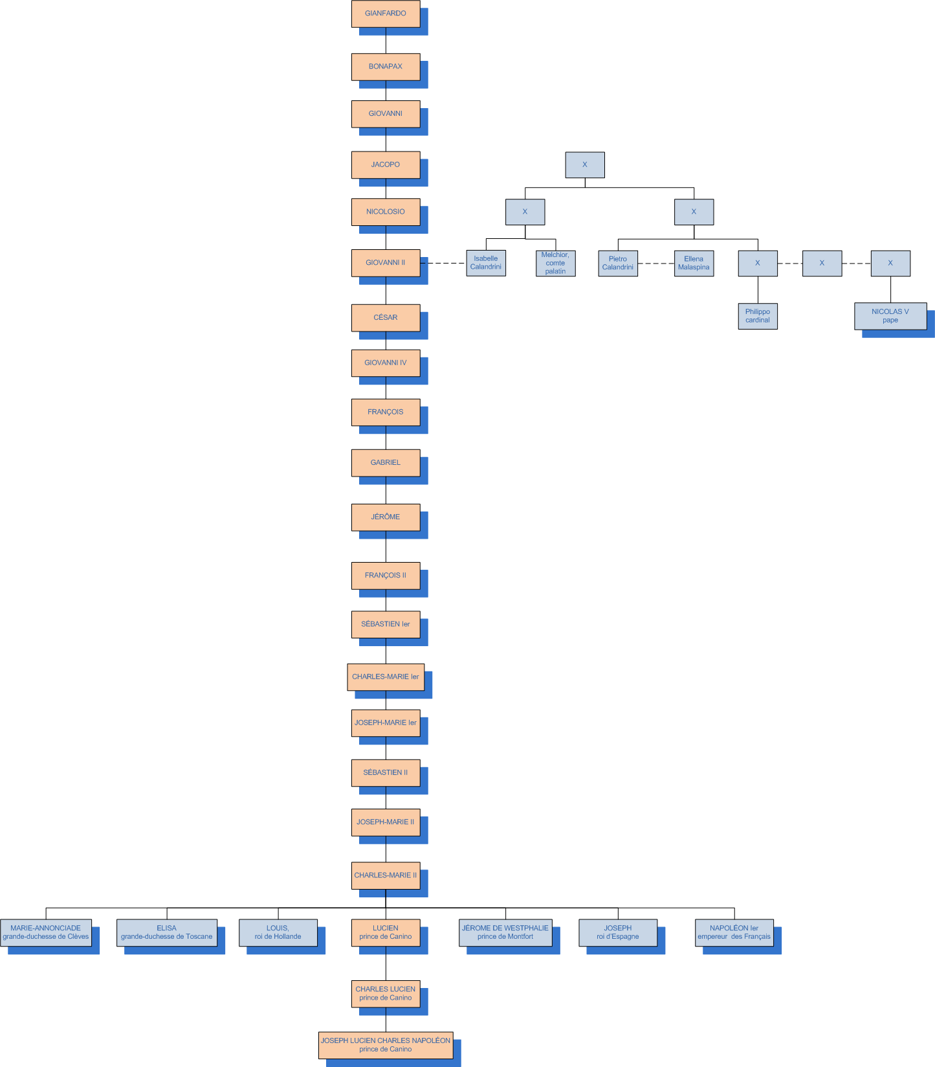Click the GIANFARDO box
(x=386, y=14)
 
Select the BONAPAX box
(x=386, y=67)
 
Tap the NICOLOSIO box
(x=386, y=212)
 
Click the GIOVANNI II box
(x=386, y=263)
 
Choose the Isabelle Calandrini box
(x=486, y=263)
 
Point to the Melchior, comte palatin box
(x=555, y=264)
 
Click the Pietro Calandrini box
(x=618, y=264)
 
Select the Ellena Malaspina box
(x=694, y=264)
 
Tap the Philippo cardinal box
(x=758, y=316)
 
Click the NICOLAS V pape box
(x=890, y=316)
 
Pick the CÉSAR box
(x=386, y=318)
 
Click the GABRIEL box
(x=386, y=463)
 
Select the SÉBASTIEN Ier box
(x=386, y=625)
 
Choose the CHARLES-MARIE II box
(x=386, y=875)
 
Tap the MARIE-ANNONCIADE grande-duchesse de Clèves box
(x=46, y=933)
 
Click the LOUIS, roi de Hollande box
(x=278, y=933)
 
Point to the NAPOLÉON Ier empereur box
(x=734, y=933)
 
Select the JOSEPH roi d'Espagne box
(x=618, y=933)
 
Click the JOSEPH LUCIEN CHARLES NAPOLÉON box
(x=386, y=1045)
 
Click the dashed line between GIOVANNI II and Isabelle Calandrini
(x=447, y=264)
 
